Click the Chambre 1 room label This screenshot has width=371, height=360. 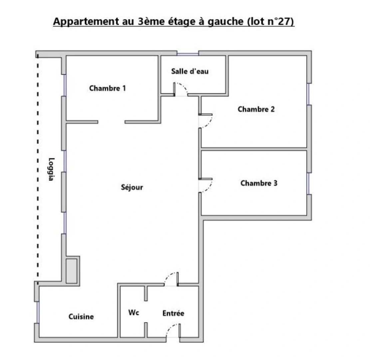[x=108, y=88]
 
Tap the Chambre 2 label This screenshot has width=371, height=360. [x=256, y=109]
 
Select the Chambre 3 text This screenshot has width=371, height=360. [x=259, y=183]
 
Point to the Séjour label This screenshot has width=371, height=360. [x=132, y=187]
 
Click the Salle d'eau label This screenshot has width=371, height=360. [x=190, y=71]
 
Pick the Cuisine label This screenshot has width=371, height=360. [x=81, y=317]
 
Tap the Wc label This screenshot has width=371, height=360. [x=134, y=312]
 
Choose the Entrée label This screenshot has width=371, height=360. [x=173, y=313]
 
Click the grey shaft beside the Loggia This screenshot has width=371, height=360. [x=72, y=271]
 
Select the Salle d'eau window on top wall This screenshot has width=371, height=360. [x=187, y=54]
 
